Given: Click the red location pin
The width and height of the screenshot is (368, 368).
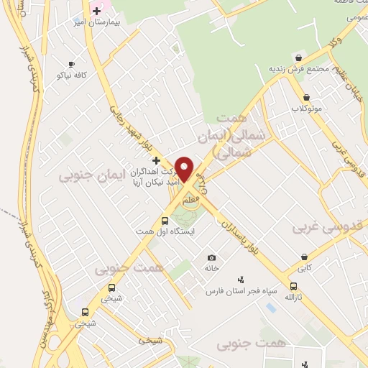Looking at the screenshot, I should click(x=185, y=170).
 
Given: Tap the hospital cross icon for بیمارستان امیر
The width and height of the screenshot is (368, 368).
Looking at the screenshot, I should click(x=96, y=11).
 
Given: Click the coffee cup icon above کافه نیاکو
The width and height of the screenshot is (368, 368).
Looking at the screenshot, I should click(x=70, y=64).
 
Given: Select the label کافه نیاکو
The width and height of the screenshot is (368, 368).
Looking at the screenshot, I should click(x=72, y=75).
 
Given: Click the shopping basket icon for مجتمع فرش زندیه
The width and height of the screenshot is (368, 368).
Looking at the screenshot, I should click(x=298, y=57).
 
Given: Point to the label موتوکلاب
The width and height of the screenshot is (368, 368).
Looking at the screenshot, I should click(x=306, y=109).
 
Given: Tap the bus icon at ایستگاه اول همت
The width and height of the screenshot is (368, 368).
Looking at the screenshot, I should click(x=165, y=221).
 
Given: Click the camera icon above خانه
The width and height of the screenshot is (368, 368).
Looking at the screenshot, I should click(x=211, y=257).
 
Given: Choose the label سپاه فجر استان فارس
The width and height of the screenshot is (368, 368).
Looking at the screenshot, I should click(x=240, y=291).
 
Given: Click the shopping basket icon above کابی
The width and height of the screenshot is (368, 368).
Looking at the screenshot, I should click(x=305, y=257).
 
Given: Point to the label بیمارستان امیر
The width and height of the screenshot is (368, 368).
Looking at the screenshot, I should click(x=80, y=22).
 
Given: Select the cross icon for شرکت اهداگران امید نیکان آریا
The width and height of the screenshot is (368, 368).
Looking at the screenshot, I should click(x=156, y=160).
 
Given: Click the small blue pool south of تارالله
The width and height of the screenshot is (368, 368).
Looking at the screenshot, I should click(x=270, y=307).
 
